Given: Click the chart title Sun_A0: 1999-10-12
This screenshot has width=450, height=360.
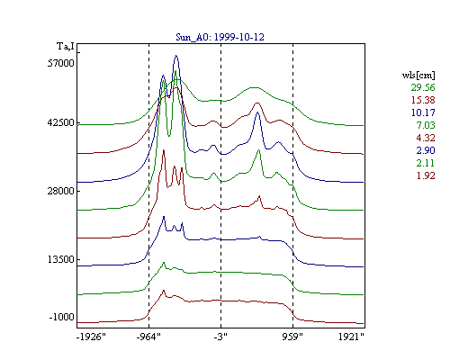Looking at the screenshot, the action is (x=220, y=37).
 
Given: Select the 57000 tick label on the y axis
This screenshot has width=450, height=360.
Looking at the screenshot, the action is (x=60, y=63).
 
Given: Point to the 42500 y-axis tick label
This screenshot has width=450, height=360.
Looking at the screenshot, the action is (x=60, y=123).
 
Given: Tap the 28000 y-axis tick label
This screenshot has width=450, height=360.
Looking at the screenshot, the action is (x=60, y=191).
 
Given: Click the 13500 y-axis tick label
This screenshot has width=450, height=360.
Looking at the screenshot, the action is (x=60, y=259).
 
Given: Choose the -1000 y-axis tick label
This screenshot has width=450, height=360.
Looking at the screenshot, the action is (x=61, y=317).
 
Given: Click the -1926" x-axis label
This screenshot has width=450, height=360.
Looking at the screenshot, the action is (x=91, y=337).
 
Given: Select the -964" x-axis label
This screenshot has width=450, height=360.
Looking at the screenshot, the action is (x=148, y=337).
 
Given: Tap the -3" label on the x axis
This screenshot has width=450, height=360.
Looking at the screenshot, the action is (x=220, y=337).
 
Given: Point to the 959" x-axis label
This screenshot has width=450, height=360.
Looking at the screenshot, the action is (x=292, y=337).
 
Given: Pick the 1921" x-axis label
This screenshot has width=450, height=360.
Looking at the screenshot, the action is (x=351, y=337).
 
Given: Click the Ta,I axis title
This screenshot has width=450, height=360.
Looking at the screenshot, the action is (x=66, y=47).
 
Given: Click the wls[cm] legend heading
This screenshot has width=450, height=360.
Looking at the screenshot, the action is (x=418, y=75).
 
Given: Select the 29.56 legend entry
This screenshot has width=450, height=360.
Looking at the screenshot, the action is (x=423, y=87).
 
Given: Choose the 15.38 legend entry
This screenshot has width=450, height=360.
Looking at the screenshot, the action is (x=423, y=100).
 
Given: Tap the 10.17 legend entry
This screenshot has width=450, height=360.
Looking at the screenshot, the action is (x=423, y=112).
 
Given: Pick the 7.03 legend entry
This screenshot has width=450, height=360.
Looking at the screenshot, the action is (x=426, y=125).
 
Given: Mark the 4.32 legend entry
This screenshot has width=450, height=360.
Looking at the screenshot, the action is (x=426, y=138).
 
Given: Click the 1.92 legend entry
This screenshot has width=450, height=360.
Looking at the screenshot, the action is (x=426, y=175).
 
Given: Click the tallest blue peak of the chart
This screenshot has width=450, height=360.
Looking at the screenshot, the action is (x=176, y=56).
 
